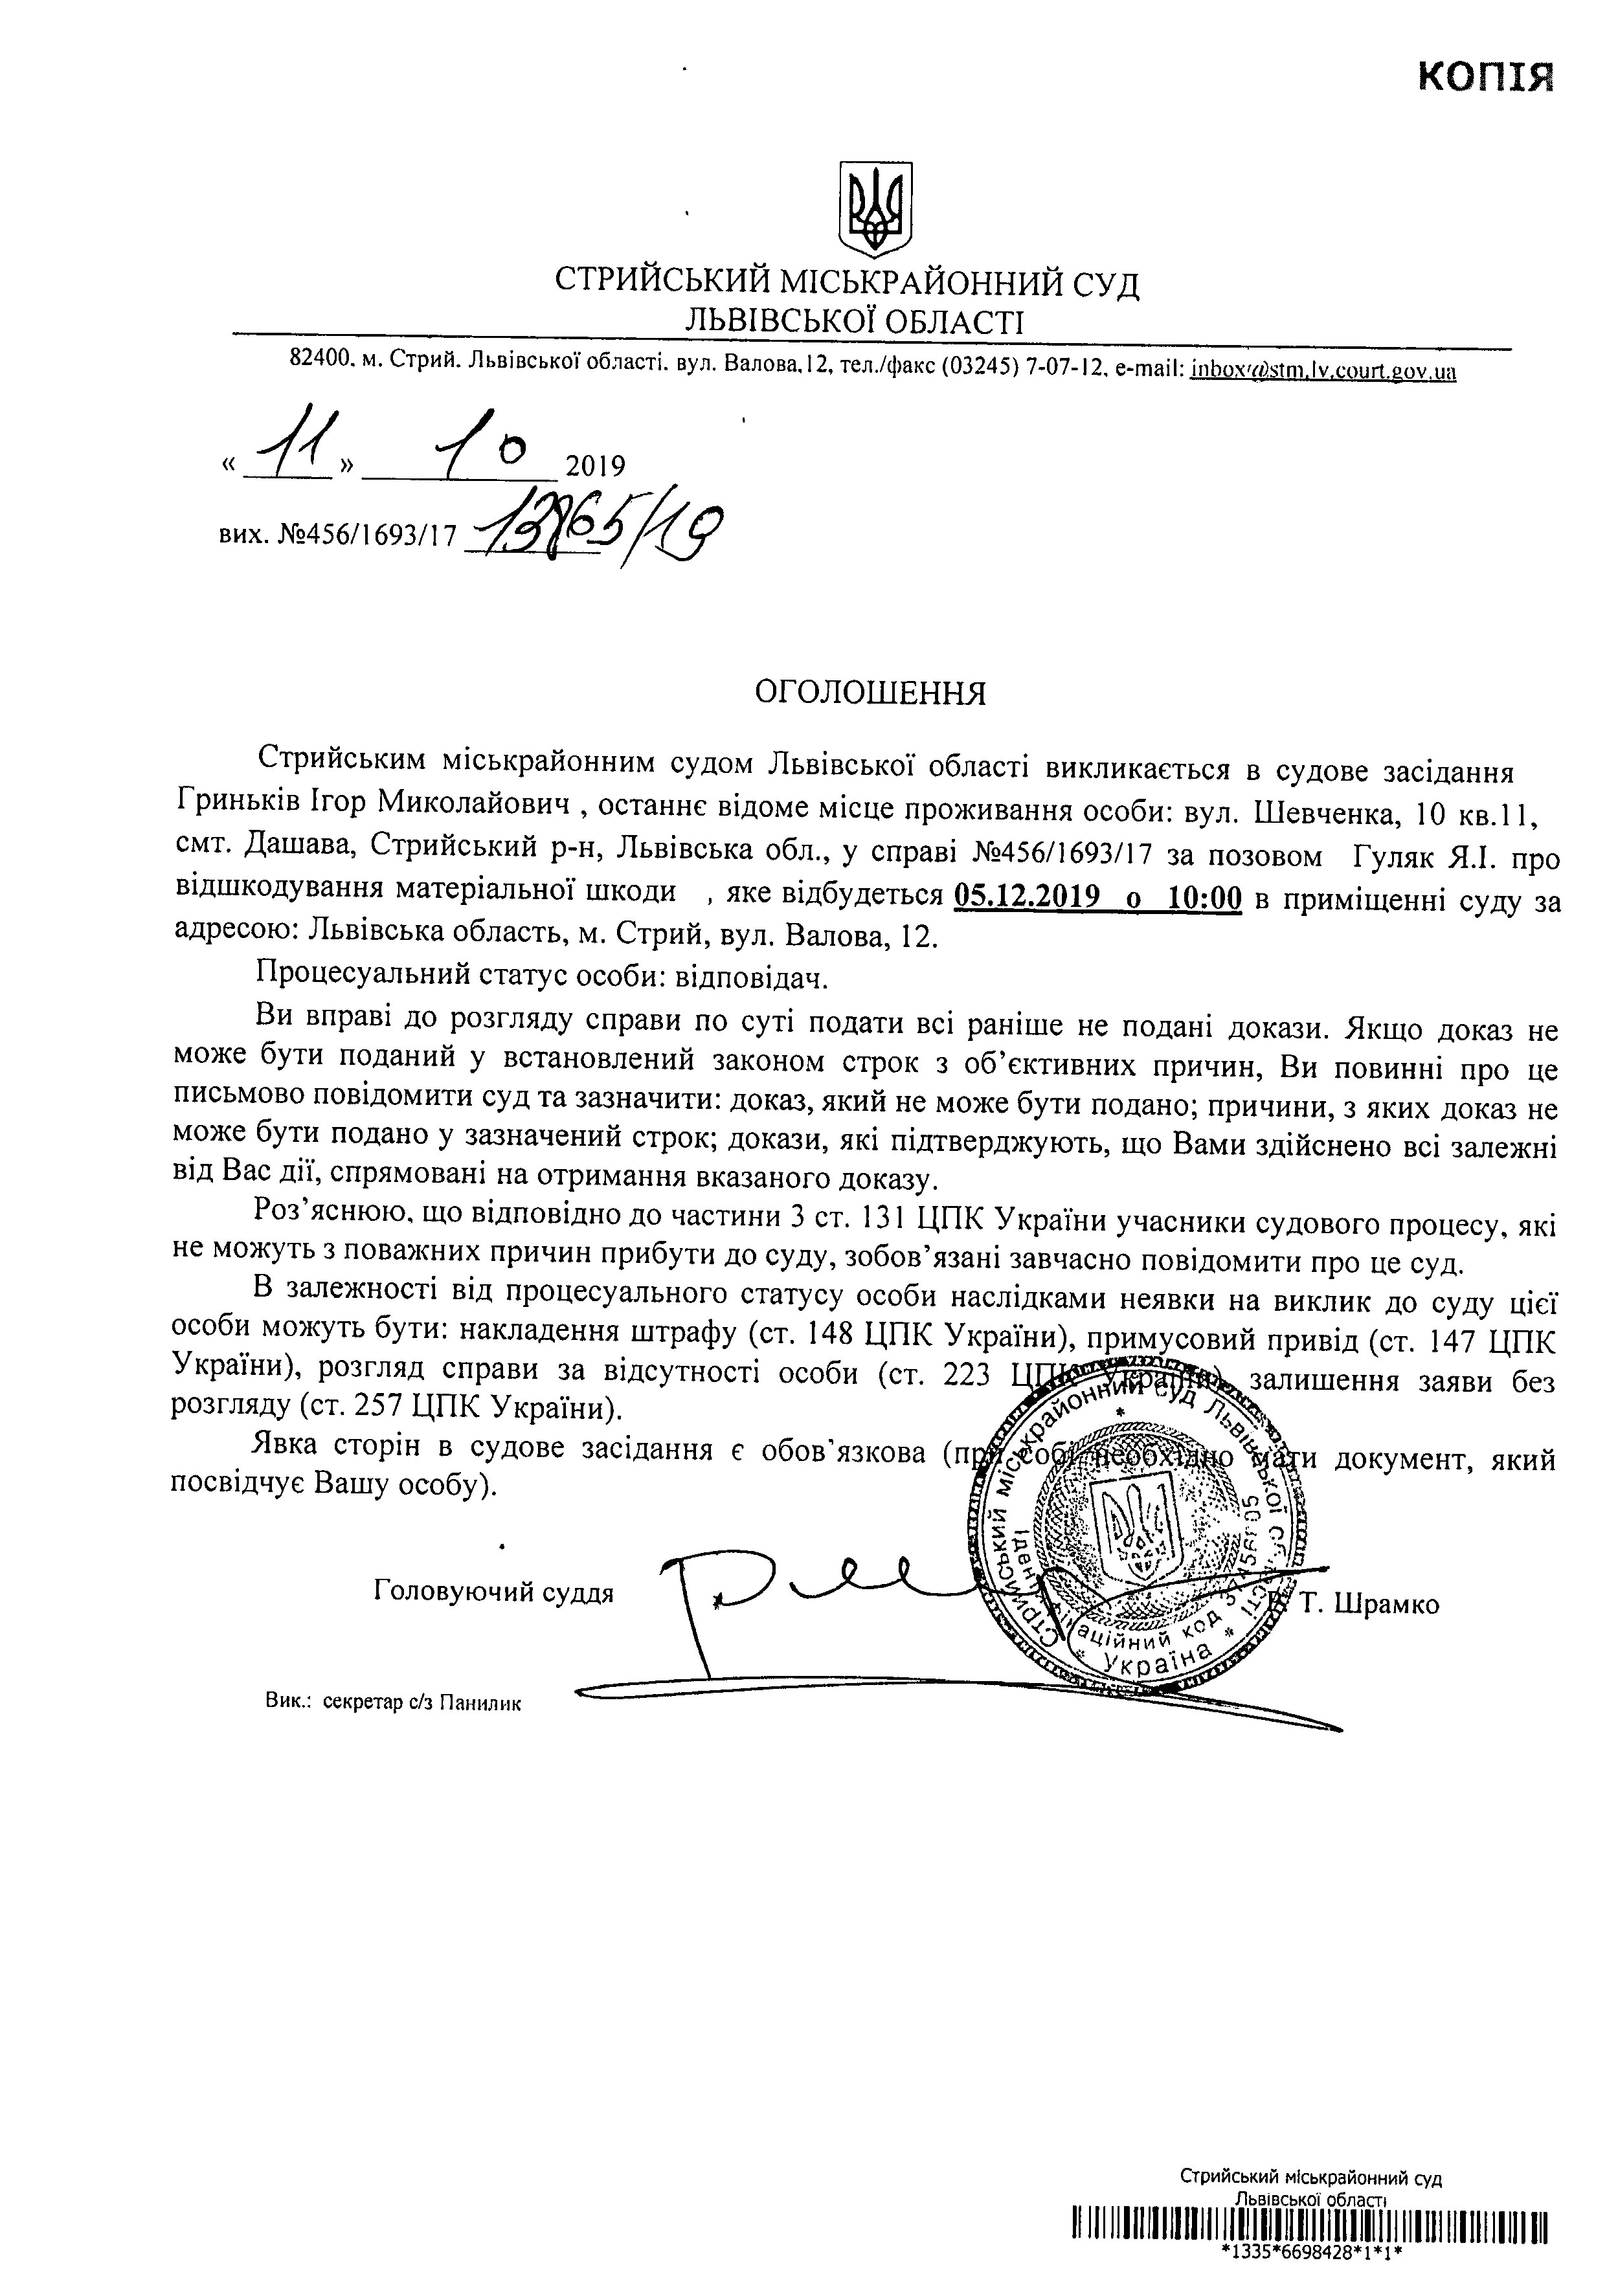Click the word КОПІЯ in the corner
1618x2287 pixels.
coord(1485,76)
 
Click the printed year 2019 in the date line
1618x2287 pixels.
coord(595,466)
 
